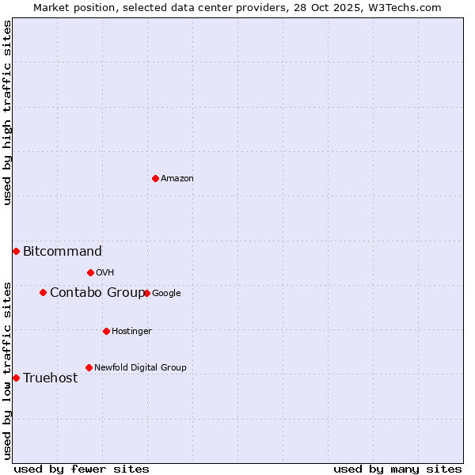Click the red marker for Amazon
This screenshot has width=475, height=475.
(x=155, y=178)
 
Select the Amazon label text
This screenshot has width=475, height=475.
(x=177, y=179)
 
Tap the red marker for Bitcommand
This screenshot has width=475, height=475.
(x=16, y=251)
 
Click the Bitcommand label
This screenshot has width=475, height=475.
(x=63, y=252)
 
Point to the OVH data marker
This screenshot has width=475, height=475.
(x=90, y=272)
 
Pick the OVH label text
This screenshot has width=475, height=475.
(x=105, y=273)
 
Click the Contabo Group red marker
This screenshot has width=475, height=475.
(x=43, y=292)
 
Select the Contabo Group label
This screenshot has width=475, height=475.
(x=97, y=293)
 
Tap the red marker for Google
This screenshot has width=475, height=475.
(x=146, y=293)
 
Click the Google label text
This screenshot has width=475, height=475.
(x=166, y=294)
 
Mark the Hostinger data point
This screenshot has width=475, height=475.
(x=106, y=331)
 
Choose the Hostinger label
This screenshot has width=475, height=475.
(x=131, y=332)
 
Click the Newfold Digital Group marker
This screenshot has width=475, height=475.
(x=89, y=367)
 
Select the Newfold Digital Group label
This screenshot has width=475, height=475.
(x=140, y=368)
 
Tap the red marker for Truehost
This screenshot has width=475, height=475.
(x=16, y=378)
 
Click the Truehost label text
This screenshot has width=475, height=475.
(x=51, y=378)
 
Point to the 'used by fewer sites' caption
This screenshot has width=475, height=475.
(x=82, y=469)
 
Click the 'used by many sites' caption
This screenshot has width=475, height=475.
(x=397, y=469)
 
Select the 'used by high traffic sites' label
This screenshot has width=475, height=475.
(x=7, y=112)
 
